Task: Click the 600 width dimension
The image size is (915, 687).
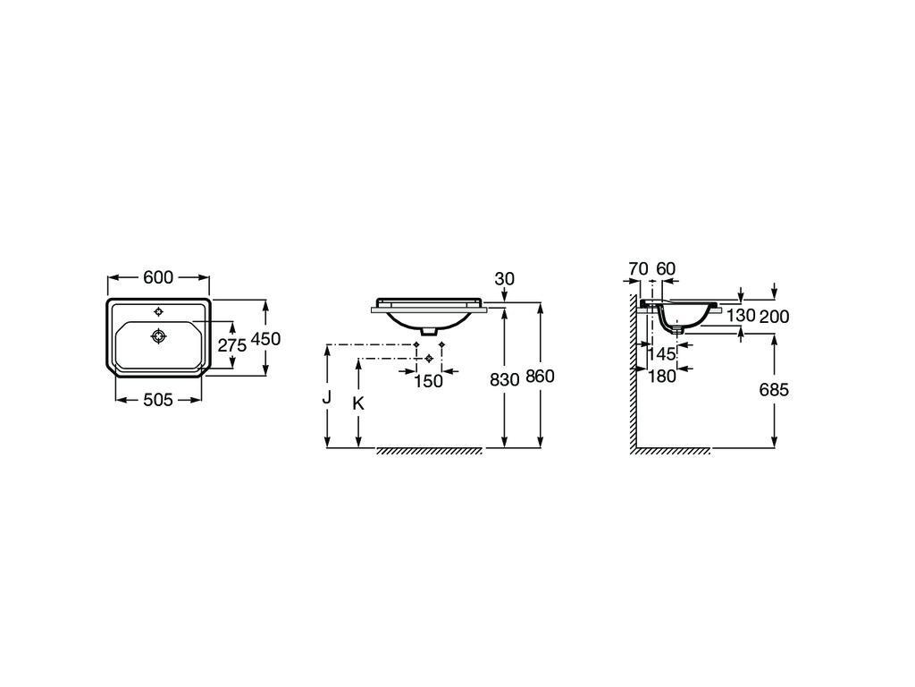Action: (158, 277)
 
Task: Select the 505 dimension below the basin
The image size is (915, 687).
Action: (158, 400)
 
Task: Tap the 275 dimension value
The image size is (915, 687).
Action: (232, 345)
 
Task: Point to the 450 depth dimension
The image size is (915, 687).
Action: (265, 338)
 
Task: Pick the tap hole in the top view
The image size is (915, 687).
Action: (159, 310)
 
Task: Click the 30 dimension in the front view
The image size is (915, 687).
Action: (504, 279)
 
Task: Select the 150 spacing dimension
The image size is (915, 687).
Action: (428, 381)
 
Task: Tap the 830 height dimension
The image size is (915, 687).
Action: (504, 379)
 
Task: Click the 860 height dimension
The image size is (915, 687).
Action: (540, 377)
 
